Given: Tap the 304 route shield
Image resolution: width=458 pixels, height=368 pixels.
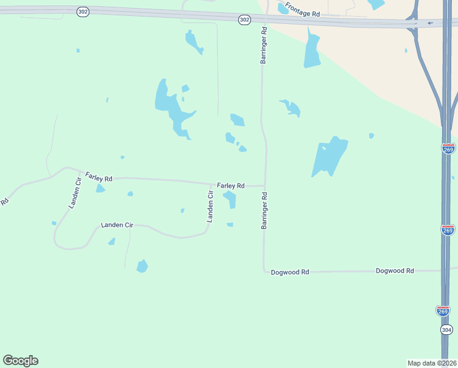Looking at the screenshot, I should pyautogui.click(x=446, y=330).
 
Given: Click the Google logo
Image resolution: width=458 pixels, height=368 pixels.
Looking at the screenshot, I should pyautogui.click(x=20, y=361).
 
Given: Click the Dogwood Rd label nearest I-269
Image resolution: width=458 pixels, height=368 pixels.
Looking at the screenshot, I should pyautogui.click(x=395, y=270).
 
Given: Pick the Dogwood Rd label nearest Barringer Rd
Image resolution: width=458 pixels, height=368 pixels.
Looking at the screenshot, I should pyautogui.click(x=290, y=271).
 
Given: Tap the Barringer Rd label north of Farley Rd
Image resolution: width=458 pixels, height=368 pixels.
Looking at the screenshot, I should pyautogui.click(x=264, y=45).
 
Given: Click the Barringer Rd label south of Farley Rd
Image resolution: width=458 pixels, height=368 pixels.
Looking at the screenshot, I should pyautogui.click(x=265, y=210).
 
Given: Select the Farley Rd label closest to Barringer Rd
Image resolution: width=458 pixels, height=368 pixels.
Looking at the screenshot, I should pyautogui.click(x=231, y=185).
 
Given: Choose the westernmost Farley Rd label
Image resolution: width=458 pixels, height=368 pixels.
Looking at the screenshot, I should pyautogui.click(x=99, y=177).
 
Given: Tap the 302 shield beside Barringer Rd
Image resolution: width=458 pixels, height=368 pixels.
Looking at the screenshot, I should pyautogui.click(x=244, y=20).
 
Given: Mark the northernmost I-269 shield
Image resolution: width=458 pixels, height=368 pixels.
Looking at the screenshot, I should pyautogui.click(x=448, y=149).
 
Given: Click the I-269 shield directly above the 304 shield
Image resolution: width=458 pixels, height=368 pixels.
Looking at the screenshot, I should pyautogui.click(x=443, y=310).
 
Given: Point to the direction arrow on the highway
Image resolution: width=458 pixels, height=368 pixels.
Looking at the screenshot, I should pyautogui.click(x=430, y=23).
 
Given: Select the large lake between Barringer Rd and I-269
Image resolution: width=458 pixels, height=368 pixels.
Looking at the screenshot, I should pyautogui.click(x=329, y=156).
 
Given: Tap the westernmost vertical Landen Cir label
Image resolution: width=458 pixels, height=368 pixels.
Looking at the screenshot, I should pyautogui.click(x=75, y=193).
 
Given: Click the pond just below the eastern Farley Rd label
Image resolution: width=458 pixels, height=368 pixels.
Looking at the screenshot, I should pyautogui.click(x=230, y=199).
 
